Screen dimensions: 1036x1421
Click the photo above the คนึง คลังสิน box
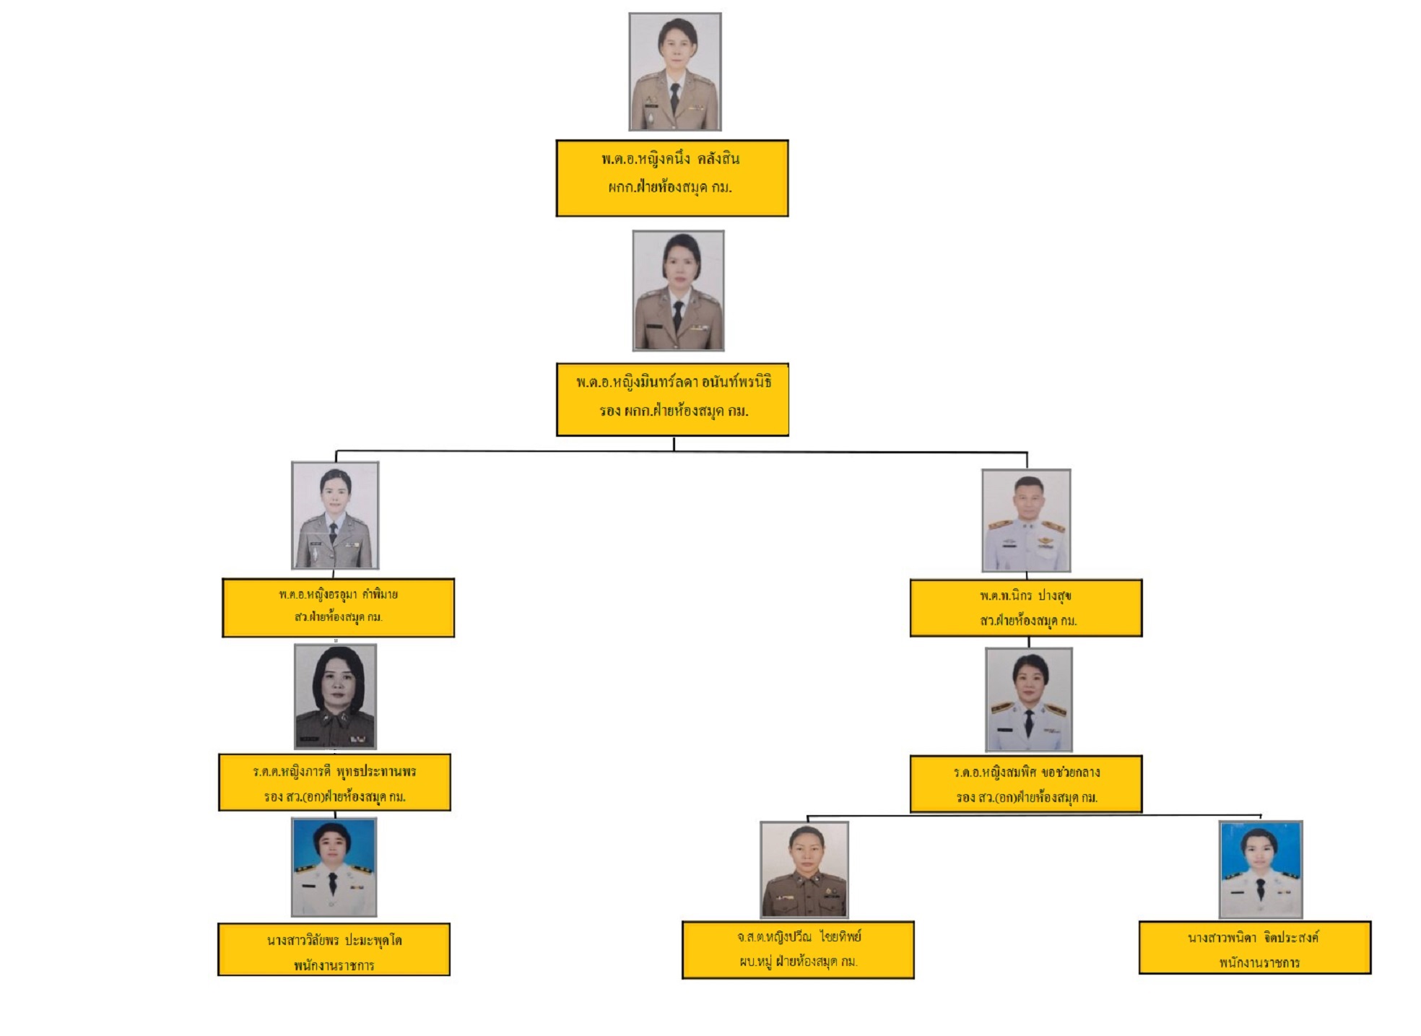coord(674,71)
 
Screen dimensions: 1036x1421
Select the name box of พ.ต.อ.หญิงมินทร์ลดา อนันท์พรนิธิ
coord(672,399)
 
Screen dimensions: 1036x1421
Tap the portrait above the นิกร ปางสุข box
coord(1025,520)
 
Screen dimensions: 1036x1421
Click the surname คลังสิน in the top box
coord(718,159)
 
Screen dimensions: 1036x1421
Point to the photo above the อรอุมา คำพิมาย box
coord(335,515)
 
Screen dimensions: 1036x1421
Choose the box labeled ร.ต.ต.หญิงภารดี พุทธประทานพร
coord(334,783)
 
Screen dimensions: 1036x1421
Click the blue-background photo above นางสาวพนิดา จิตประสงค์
coord(1260,869)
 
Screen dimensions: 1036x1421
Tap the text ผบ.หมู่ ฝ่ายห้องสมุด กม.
coord(798,962)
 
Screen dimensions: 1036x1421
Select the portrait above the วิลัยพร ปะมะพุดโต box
coord(334,867)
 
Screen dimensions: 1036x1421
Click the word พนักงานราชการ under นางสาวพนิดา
coord(1259,962)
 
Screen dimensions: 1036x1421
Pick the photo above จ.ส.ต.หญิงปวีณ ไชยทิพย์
coord(804,869)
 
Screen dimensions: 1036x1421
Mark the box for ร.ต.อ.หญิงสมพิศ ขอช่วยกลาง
coord(1025,784)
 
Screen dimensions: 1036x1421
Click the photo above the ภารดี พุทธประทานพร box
coord(335,697)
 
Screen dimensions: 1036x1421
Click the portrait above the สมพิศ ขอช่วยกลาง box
coord(1028,700)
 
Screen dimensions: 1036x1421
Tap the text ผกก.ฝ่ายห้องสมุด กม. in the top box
coord(669,188)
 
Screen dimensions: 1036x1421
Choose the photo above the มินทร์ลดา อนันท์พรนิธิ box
coord(678,291)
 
